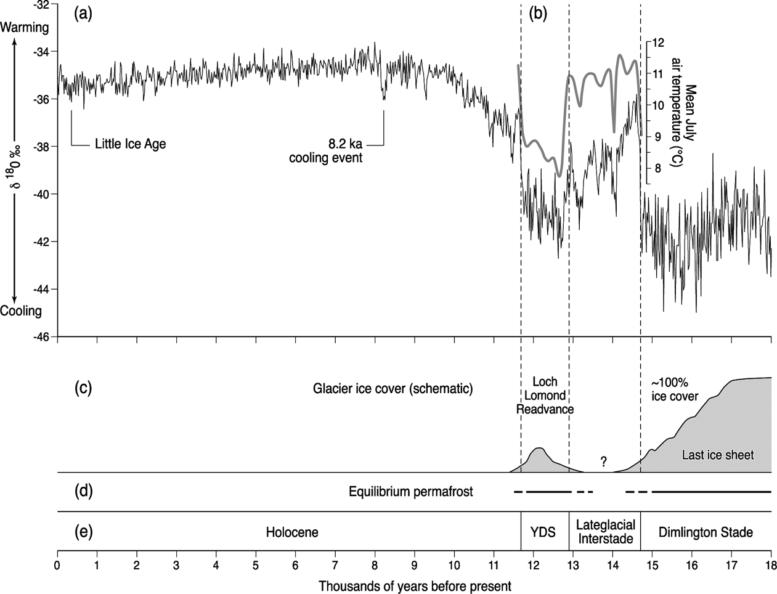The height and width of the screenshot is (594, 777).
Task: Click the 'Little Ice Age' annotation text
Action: [x=130, y=145]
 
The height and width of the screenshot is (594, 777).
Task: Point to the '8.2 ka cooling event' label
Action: [x=326, y=151]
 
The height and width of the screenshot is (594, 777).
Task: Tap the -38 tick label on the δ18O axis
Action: [x=44, y=147]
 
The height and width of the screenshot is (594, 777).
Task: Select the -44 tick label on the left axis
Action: [x=44, y=289]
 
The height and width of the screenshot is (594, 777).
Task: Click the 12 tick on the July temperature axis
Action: [x=658, y=43]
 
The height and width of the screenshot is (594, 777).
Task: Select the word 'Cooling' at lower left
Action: [x=21, y=311]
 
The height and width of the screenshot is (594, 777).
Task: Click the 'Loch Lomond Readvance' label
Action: [x=545, y=395]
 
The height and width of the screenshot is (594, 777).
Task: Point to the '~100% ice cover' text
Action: [x=675, y=389]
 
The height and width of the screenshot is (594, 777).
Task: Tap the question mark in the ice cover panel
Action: [x=604, y=462]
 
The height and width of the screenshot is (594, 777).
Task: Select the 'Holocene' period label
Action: [x=292, y=532]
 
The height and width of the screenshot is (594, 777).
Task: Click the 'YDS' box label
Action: [x=543, y=532]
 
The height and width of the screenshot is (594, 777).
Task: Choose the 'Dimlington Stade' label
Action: [x=706, y=532]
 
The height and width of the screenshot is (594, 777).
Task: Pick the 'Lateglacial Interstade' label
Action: [x=604, y=532]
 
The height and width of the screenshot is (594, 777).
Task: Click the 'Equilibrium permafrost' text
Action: [x=411, y=492]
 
